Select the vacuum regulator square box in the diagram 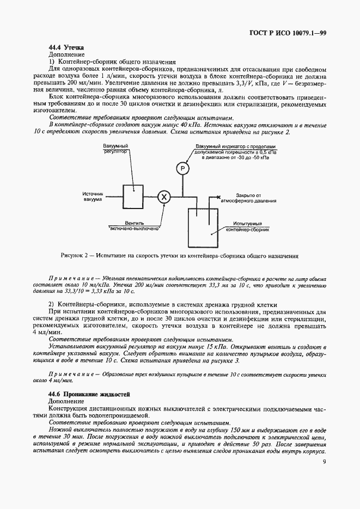coord(131,195)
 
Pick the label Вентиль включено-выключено coord(134,225)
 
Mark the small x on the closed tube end coord(218,197)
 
